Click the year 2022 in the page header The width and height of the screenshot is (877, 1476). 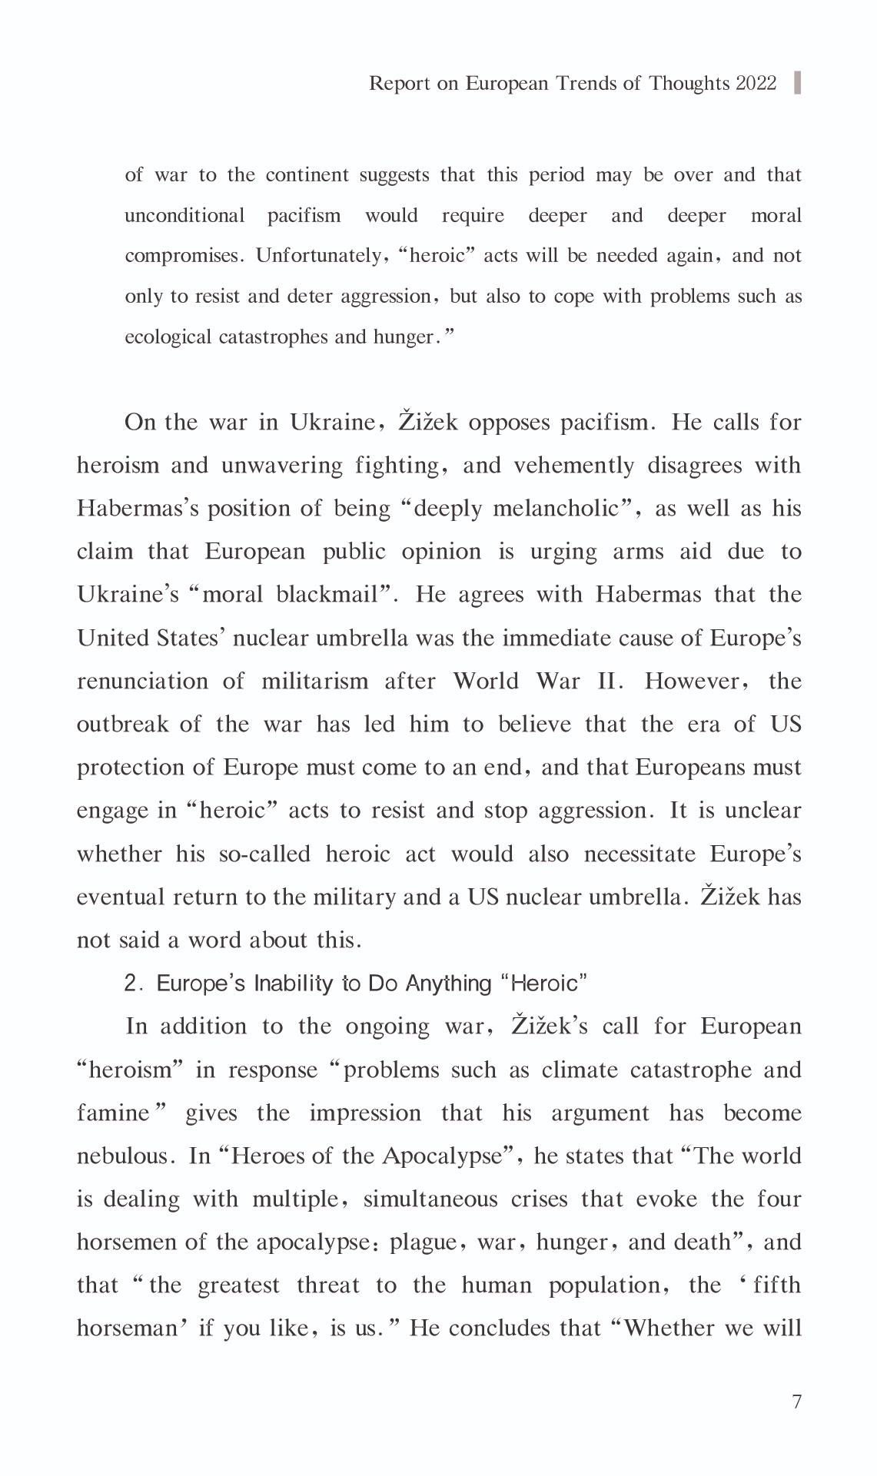click(x=756, y=83)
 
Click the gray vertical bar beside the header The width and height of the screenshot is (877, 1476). click(x=797, y=82)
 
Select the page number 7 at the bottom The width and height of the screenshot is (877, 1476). click(x=796, y=1401)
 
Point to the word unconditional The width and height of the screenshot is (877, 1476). click(x=184, y=215)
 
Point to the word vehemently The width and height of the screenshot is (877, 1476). click(x=574, y=466)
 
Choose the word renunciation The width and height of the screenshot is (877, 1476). click(x=143, y=682)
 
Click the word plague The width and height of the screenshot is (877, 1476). click(x=425, y=1242)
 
